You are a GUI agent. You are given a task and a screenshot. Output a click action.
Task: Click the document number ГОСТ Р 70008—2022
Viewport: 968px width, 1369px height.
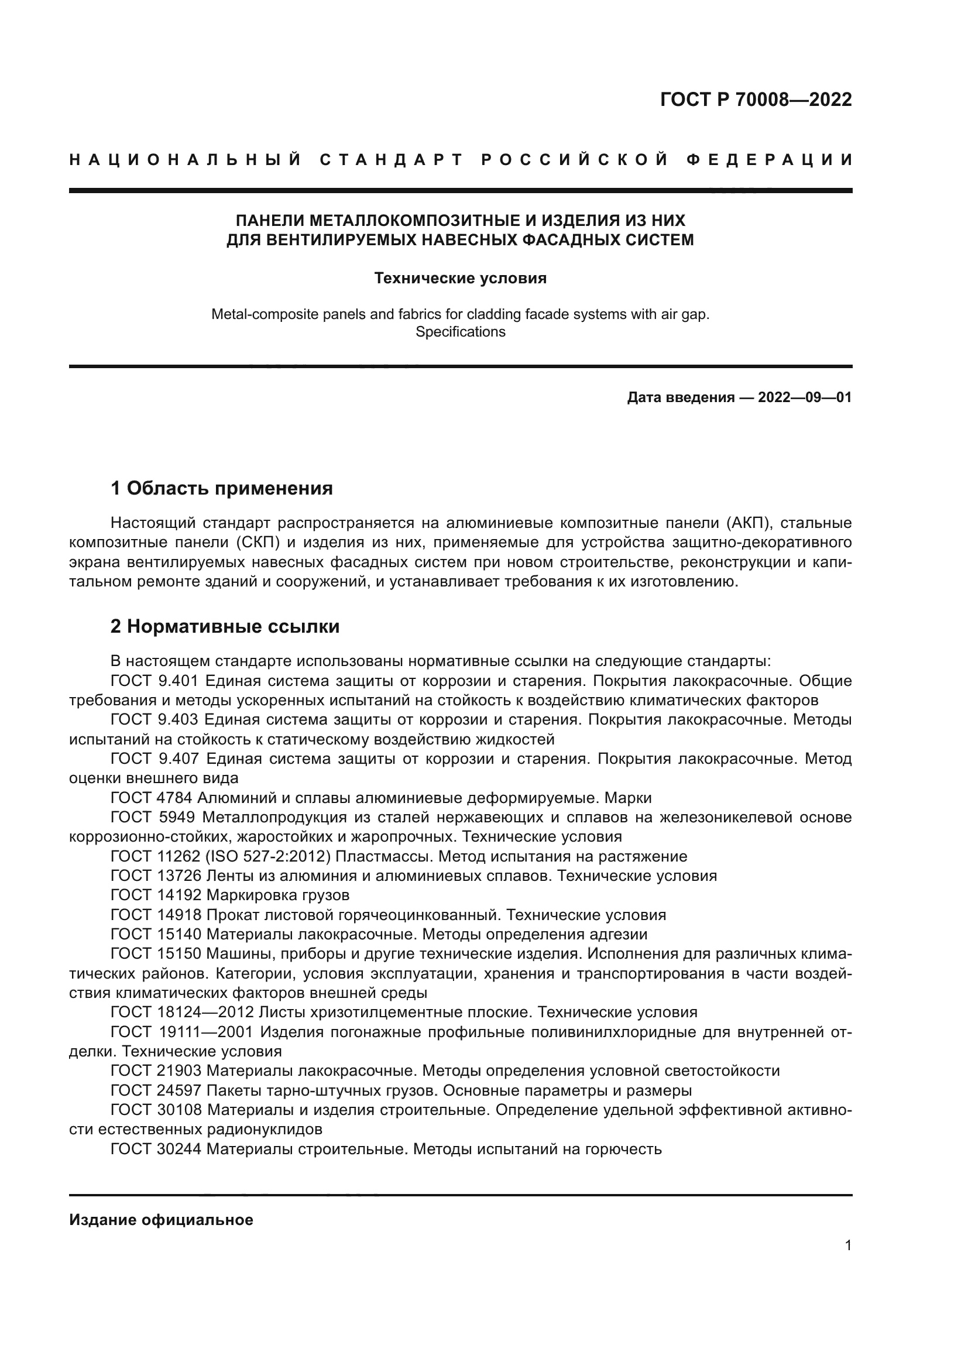pos(756,99)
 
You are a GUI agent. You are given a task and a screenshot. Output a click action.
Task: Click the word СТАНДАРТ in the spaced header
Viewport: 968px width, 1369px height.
pos(391,160)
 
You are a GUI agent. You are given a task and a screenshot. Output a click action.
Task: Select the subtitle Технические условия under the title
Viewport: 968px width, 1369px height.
pos(460,279)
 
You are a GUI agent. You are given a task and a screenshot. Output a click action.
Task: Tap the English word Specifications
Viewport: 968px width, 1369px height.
pos(460,332)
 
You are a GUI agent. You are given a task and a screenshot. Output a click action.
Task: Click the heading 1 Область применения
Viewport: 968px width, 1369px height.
pos(222,489)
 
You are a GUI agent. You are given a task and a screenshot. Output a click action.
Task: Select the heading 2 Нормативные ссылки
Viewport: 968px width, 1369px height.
pos(225,627)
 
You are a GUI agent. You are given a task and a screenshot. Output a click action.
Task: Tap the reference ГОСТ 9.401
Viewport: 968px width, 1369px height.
pos(156,681)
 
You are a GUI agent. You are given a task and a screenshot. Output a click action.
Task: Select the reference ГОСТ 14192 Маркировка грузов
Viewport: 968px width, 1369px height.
pos(230,895)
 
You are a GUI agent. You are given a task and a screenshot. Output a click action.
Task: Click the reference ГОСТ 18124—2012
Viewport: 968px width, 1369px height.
pos(183,1013)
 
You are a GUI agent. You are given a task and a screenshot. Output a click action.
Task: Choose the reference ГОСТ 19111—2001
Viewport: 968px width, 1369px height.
pos(183,1032)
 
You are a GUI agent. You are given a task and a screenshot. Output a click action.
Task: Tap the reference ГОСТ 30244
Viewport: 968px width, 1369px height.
pos(156,1149)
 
